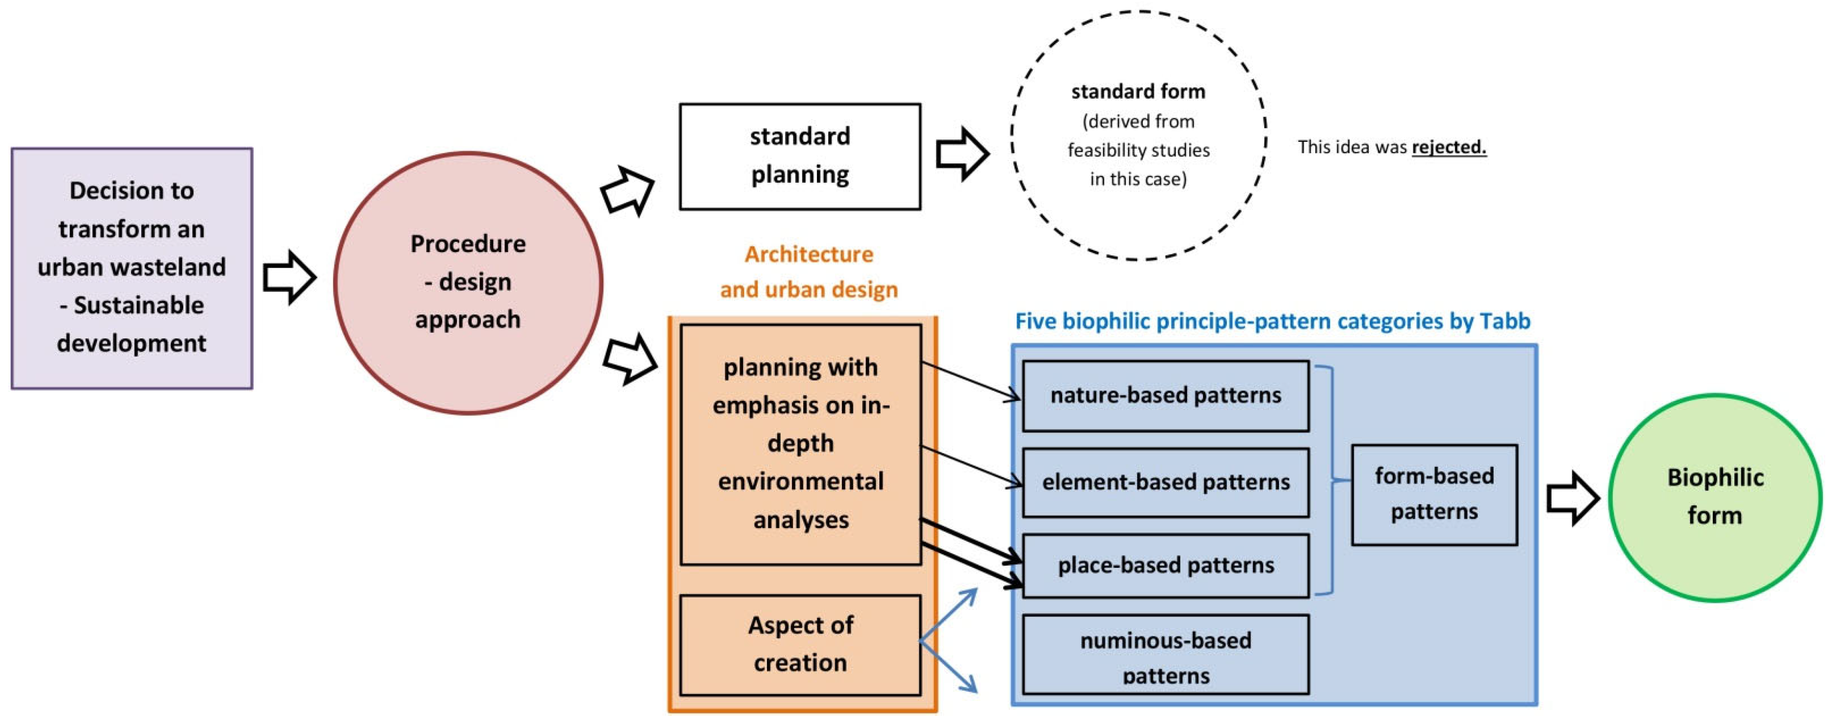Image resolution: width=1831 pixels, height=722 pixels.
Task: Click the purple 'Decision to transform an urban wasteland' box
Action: tap(132, 268)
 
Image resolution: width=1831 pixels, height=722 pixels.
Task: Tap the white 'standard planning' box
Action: tap(800, 156)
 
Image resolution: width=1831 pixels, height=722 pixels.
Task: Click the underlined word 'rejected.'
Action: tap(1448, 147)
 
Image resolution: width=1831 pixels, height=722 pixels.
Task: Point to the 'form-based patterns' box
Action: tap(1434, 494)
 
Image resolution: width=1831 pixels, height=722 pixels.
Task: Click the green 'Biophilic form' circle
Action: tap(1715, 497)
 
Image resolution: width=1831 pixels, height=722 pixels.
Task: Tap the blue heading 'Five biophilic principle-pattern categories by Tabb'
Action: tap(1272, 322)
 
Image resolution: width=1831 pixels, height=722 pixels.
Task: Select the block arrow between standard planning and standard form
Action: tap(962, 154)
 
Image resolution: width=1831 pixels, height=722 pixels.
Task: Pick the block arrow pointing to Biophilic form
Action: tap(1572, 498)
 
